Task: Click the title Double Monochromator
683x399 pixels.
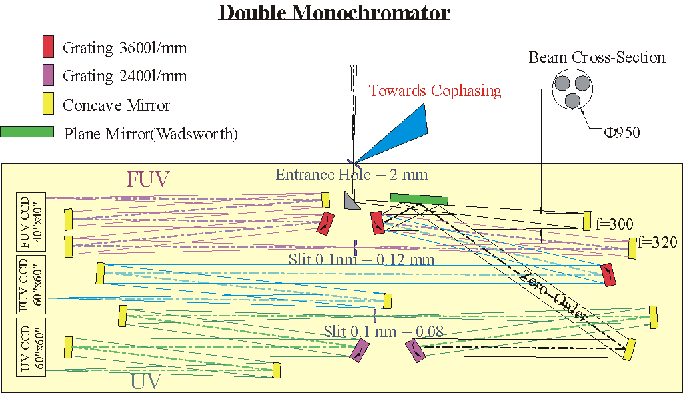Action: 334,13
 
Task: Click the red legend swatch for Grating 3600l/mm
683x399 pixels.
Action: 47,47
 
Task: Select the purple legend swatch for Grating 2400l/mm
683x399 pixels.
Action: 47,75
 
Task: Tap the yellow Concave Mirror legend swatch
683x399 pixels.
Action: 47,103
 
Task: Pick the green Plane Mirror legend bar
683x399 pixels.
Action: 27,131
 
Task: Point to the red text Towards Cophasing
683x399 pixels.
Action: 435,91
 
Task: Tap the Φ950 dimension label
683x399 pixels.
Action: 622,133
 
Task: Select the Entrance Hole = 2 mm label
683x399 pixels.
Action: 352,175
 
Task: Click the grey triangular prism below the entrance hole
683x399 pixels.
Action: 351,199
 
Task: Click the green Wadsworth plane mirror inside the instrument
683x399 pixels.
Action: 418,198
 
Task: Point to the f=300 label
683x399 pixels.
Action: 614,224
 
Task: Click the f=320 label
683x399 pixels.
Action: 658,242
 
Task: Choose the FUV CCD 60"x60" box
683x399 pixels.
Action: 30,284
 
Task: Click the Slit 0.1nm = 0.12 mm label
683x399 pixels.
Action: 362,259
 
